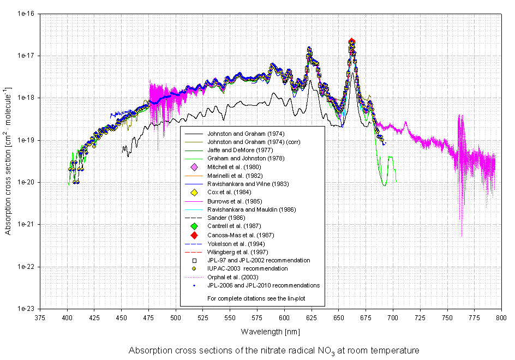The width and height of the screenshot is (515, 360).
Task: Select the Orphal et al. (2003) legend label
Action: point(233,277)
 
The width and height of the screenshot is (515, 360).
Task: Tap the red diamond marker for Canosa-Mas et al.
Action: point(194,235)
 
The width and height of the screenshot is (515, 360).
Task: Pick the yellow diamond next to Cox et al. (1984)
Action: point(194,192)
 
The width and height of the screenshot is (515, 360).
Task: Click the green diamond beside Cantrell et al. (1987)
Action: point(194,226)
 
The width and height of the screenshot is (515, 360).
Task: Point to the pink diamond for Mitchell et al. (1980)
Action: point(194,166)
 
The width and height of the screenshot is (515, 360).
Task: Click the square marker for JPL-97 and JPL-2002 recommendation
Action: point(194,260)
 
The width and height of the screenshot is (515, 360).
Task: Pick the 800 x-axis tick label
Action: point(501,318)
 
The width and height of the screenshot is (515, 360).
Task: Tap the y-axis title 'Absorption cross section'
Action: point(8,160)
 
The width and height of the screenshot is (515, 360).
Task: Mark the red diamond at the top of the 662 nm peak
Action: point(352,41)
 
